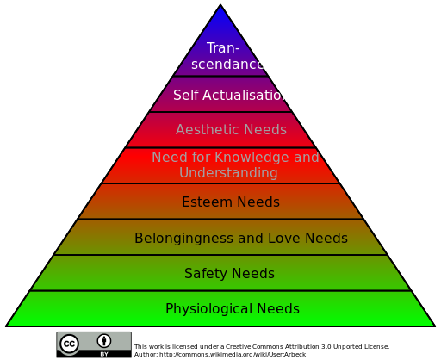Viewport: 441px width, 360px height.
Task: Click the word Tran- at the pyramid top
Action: pos(223,47)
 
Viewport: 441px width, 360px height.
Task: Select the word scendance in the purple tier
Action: pos(227,64)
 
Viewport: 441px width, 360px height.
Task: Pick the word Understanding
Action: pos(228,173)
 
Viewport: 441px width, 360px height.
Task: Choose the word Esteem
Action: pos(208,202)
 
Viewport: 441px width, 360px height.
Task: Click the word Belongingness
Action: pos(184,239)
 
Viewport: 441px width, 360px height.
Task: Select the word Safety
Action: pos(206,274)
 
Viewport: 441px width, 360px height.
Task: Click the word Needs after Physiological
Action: pos(278,309)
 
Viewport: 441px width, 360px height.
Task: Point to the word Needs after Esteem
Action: pos(258,202)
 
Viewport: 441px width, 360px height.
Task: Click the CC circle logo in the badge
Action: pos(69,344)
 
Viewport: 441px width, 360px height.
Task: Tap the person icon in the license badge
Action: pos(104,341)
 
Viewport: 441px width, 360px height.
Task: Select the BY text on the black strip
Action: pos(104,354)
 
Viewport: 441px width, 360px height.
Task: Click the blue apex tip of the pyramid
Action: pos(220,5)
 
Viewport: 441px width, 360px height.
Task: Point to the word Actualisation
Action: pos(244,95)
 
